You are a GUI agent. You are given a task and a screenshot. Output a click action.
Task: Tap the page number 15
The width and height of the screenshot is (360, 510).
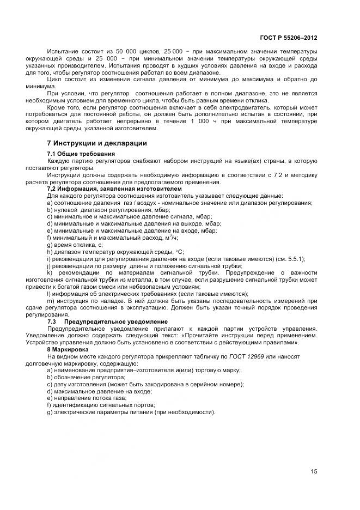coord(314,472)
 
